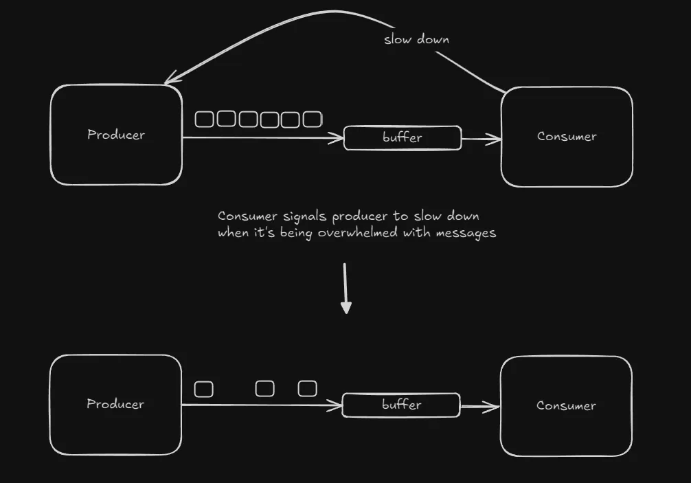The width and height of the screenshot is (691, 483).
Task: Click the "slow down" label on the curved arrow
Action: point(416,39)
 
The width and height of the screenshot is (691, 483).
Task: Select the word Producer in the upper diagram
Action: point(116,135)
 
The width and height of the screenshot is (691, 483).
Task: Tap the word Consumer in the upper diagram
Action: point(567,136)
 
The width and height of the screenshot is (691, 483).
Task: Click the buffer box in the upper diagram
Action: point(403,138)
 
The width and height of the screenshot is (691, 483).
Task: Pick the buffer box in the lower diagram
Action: point(401,405)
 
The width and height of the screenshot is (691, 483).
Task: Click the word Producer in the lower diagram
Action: point(115,404)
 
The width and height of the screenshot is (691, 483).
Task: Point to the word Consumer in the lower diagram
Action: point(566,405)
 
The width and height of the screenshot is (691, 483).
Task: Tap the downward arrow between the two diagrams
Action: point(346,289)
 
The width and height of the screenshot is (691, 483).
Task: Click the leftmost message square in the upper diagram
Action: point(205,120)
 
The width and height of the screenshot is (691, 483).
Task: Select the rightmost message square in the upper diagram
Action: point(313,120)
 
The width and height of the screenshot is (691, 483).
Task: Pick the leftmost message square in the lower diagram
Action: point(204,390)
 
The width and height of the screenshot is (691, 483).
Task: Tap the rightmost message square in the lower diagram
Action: point(307,389)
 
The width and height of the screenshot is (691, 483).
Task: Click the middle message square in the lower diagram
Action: point(264,389)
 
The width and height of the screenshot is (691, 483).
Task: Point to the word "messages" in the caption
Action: point(466,233)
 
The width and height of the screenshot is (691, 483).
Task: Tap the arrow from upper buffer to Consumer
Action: point(482,139)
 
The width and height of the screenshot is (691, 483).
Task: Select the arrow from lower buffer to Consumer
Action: point(480,407)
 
